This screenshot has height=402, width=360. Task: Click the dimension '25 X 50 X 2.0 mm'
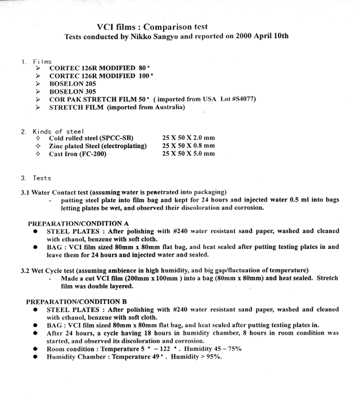click(188, 138)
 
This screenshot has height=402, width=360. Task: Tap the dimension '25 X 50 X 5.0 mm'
click(188, 154)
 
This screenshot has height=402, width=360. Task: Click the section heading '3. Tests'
click(36, 178)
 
